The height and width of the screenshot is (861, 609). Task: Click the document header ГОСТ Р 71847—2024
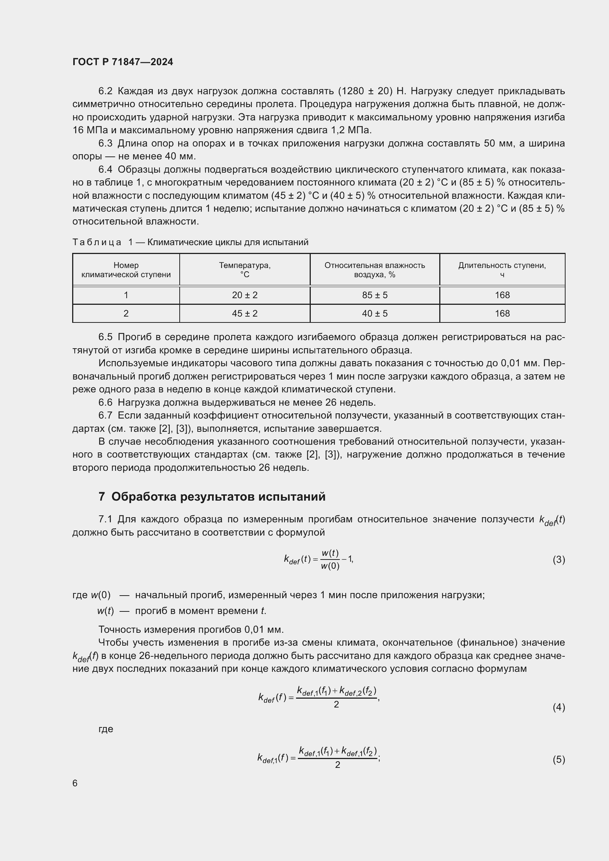click(123, 62)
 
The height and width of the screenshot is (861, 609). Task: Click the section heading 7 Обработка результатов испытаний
click(212, 497)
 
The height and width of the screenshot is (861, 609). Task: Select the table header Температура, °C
click(244, 269)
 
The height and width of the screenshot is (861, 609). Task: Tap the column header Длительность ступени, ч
click(502, 269)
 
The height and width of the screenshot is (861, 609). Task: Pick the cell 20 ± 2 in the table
click(244, 295)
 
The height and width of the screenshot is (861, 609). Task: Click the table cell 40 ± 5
click(374, 314)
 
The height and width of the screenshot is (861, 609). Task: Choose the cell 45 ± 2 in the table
click(244, 314)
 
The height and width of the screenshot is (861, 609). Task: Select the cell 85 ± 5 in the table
click(374, 295)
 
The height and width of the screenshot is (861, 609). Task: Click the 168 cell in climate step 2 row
click(502, 314)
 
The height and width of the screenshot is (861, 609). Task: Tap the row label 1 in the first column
click(126, 295)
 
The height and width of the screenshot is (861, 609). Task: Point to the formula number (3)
click(559, 560)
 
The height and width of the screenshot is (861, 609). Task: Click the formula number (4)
click(559, 707)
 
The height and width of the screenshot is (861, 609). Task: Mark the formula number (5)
click(559, 760)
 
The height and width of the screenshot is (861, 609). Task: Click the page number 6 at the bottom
click(75, 783)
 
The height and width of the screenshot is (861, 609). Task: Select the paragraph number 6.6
click(105, 402)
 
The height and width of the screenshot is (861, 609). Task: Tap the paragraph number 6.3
click(105, 143)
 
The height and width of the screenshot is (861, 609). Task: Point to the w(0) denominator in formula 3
click(330, 566)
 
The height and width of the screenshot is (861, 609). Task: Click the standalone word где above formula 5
click(106, 728)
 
